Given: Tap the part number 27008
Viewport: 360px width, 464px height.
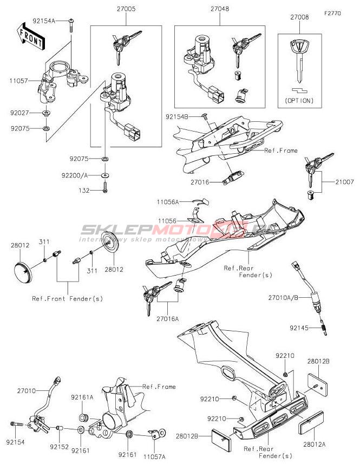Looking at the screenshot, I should (x=299, y=17).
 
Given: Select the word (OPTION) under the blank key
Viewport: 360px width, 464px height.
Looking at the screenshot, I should (x=299, y=100).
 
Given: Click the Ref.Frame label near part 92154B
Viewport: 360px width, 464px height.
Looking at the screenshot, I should (x=281, y=150).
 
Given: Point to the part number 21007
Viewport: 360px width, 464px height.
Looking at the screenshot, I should (x=344, y=182).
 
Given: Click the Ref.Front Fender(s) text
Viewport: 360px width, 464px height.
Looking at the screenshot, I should (x=67, y=298).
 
